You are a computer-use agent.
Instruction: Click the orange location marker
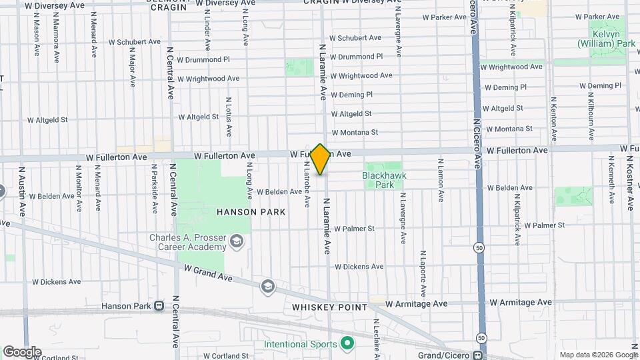[x=320, y=159]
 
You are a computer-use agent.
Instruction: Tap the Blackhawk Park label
[x=384, y=180]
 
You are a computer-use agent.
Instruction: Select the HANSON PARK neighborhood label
[x=251, y=212]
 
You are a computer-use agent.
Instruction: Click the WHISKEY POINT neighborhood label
[x=329, y=307]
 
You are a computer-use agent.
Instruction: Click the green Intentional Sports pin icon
[x=346, y=344]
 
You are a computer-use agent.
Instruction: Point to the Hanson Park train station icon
[x=159, y=306]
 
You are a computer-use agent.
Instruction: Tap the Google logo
[x=22, y=352]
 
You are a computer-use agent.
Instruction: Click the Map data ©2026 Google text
[x=598, y=355]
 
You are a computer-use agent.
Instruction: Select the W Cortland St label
[x=225, y=357]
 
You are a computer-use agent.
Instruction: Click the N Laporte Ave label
[x=423, y=273]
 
